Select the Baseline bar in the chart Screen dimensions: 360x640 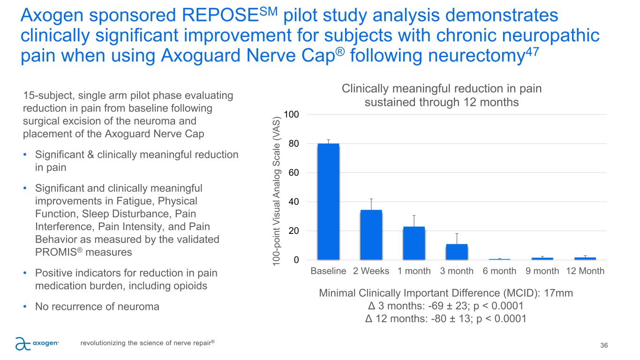pos(328,202)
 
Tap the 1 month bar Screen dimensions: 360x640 pos(414,243)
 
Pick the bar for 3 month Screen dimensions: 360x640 pos(456,251)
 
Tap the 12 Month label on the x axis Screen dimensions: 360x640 pos(585,271)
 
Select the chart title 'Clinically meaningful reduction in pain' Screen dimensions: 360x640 pos(442,89)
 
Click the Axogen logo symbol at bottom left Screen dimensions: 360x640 pos(22,344)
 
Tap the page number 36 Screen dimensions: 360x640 pos(604,345)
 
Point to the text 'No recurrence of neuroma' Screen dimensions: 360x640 pos(97,307)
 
